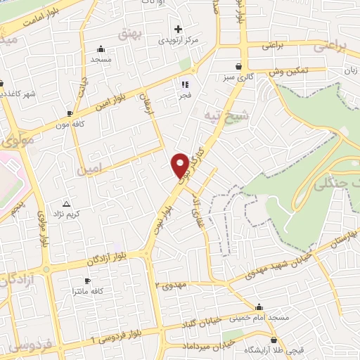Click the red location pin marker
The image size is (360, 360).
(181, 164)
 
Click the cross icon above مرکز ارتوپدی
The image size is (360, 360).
(179, 29)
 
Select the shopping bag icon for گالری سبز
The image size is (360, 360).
(240, 66)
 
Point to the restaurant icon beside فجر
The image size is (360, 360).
(184, 85)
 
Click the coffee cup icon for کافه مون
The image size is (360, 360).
(70, 113)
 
